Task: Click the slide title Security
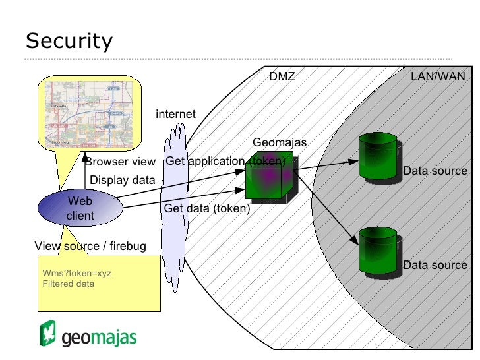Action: tap(69, 42)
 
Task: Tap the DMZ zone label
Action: tap(282, 77)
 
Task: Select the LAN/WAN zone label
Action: tap(437, 77)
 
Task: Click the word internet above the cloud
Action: tap(175, 114)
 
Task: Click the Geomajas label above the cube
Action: tap(280, 143)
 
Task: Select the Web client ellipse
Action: tap(80, 208)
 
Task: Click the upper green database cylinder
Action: tap(377, 156)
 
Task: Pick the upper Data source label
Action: tap(435, 171)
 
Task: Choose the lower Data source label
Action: tap(435, 266)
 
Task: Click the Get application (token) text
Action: tap(225, 162)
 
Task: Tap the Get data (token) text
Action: tap(207, 209)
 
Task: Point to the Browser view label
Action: tap(120, 162)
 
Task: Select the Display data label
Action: tap(122, 180)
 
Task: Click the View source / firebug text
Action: tap(90, 247)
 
